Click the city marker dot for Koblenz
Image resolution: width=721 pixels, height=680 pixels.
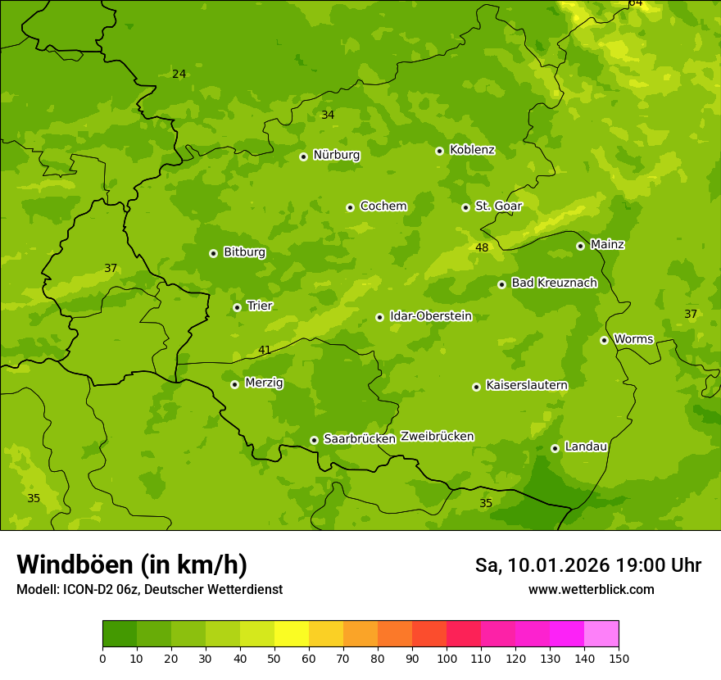pyautogui.click(x=439, y=151)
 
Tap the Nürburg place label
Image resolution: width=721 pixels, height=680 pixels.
pyautogui.click(x=336, y=155)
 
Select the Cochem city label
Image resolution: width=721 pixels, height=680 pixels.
pyautogui.click(x=383, y=206)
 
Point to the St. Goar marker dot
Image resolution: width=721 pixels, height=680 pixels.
pyautogui.click(x=465, y=207)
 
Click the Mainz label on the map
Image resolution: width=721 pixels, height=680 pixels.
pyautogui.click(x=607, y=245)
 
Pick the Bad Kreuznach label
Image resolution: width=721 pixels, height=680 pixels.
pyautogui.click(x=554, y=283)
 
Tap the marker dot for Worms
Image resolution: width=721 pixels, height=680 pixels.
pyautogui.click(x=604, y=340)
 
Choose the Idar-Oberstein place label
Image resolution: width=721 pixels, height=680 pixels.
pyautogui.click(x=430, y=316)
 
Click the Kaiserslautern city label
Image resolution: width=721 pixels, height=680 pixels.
pyautogui.click(x=526, y=385)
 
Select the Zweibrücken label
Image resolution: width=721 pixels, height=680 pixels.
pyautogui.click(x=437, y=437)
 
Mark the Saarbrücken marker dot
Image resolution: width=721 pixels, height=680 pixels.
pyautogui.click(x=314, y=440)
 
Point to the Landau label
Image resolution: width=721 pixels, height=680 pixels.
pyautogui.click(x=586, y=447)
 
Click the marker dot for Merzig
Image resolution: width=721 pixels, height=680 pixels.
pyautogui.click(x=234, y=384)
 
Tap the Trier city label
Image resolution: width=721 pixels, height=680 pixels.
pyautogui.click(x=259, y=306)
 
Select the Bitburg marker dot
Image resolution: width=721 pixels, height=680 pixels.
pyautogui.click(x=213, y=253)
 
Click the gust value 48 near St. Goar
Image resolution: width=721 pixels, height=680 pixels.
pyautogui.click(x=482, y=248)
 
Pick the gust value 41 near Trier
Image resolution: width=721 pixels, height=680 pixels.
pyautogui.click(x=265, y=351)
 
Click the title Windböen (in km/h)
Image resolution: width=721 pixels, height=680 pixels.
pyautogui.click(x=132, y=564)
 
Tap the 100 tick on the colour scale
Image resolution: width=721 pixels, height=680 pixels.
pyautogui.click(x=447, y=658)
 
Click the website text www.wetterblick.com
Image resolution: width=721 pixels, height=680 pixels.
pyautogui.click(x=591, y=590)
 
